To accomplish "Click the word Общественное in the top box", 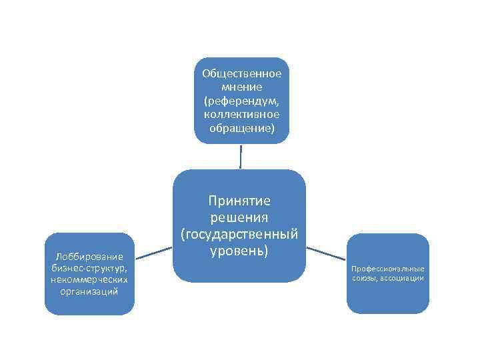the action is pyautogui.click(x=241, y=74).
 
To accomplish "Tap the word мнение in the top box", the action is pyautogui.click(x=241, y=87).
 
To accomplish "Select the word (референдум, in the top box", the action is pyautogui.click(x=241, y=101).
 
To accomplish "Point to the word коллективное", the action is pyautogui.click(x=241, y=114).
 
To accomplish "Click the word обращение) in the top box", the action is pyautogui.click(x=241, y=127).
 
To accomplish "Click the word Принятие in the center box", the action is pyautogui.click(x=239, y=201).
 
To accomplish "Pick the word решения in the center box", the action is pyautogui.click(x=239, y=217).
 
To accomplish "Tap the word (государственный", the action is pyautogui.click(x=239, y=234).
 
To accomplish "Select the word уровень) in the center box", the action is pyautogui.click(x=239, y=251).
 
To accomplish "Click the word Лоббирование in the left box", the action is pyautogui.click(x=89, y=256).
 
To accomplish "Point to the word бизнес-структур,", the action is pyautogui.click(x=89, y=267).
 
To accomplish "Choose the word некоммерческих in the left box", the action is pyautogui.click(x=89, y=279).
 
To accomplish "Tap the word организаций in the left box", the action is pyautogui.click(x=89, y=291).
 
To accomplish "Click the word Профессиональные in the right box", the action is pyautogui.click(x=388, y=269).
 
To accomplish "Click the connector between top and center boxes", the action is pyautogui.click(x=241, y=157).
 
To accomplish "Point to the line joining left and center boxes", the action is pyautogui.click(x=154, y=251).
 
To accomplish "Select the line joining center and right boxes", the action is pyautogui.click(x=326, y=253).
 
